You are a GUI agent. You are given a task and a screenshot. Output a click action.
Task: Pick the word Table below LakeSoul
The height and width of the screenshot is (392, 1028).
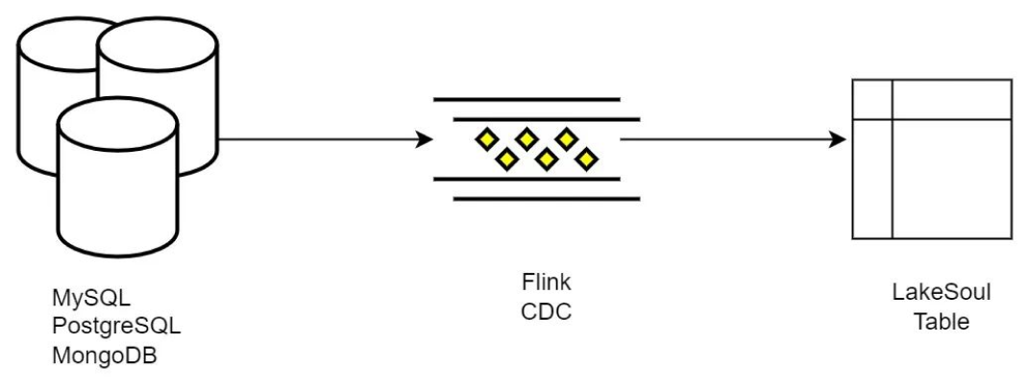931,321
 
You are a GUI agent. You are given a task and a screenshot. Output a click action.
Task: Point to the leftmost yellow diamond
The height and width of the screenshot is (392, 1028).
485,140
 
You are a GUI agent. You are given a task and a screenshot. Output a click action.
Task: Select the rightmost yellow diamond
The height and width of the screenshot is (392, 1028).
585,159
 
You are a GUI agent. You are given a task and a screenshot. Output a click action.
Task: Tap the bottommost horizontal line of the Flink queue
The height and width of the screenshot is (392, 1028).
546,200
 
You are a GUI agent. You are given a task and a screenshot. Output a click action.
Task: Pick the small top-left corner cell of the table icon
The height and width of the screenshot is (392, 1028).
873,99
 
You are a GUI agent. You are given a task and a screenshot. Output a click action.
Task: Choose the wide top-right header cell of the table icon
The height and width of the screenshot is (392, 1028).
951,99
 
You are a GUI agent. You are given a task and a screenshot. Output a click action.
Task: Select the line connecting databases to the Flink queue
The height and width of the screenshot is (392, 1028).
317,140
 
